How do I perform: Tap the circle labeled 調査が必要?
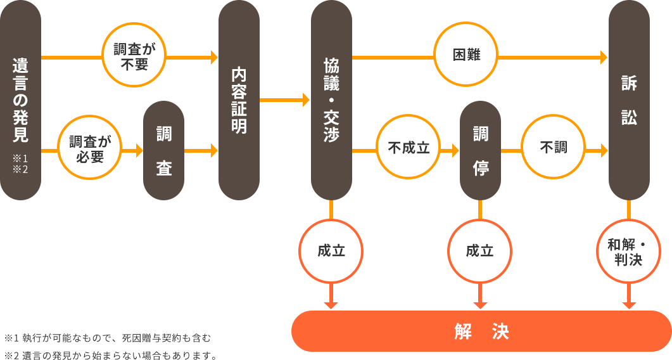click(90, 150)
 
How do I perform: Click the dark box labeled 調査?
click(163, 150)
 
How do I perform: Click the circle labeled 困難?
click(466, 56)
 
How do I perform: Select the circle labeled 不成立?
click(409, 148)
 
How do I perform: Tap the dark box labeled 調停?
click(480, 150)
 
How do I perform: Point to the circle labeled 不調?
click(553, 148)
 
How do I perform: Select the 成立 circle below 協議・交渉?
click(331, 251)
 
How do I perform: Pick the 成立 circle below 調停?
click(479, 251)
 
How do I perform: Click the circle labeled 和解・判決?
click(628, 251)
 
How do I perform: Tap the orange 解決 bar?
click(481, 331)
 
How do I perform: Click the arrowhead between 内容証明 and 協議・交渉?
click(306, 100)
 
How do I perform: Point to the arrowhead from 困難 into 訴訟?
click(604, 58)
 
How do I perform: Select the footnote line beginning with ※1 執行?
click(107, 338)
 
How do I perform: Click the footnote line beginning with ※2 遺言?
click(110, 356)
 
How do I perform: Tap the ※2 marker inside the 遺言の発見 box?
click(21, 169)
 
